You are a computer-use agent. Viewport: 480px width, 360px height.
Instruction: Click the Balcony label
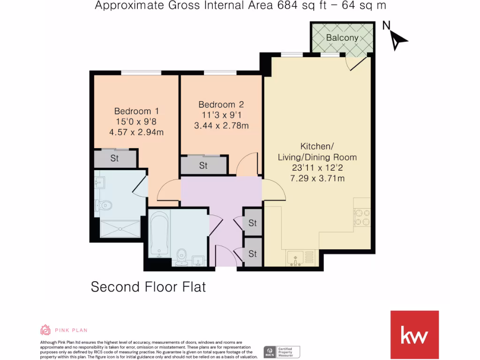click(342, 38)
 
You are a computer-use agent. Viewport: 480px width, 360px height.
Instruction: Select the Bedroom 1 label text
click(136, 111)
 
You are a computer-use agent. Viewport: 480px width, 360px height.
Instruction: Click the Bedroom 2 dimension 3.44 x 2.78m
click(221, 125)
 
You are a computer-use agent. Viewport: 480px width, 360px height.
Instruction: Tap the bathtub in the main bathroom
click(159, 234)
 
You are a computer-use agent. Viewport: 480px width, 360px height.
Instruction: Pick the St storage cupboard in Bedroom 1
click(115, 158)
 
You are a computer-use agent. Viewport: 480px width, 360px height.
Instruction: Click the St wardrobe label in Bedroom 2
click(203, 165)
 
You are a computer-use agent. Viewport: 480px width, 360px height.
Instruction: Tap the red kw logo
click(414, 335)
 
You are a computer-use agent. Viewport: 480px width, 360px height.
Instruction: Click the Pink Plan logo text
click(72, 330)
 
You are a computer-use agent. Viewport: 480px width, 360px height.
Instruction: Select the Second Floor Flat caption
click(148, 286)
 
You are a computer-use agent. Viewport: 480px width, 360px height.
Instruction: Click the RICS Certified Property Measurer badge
click(281, 352)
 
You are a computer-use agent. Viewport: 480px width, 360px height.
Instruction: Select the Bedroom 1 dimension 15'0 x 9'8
click(136, 121)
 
